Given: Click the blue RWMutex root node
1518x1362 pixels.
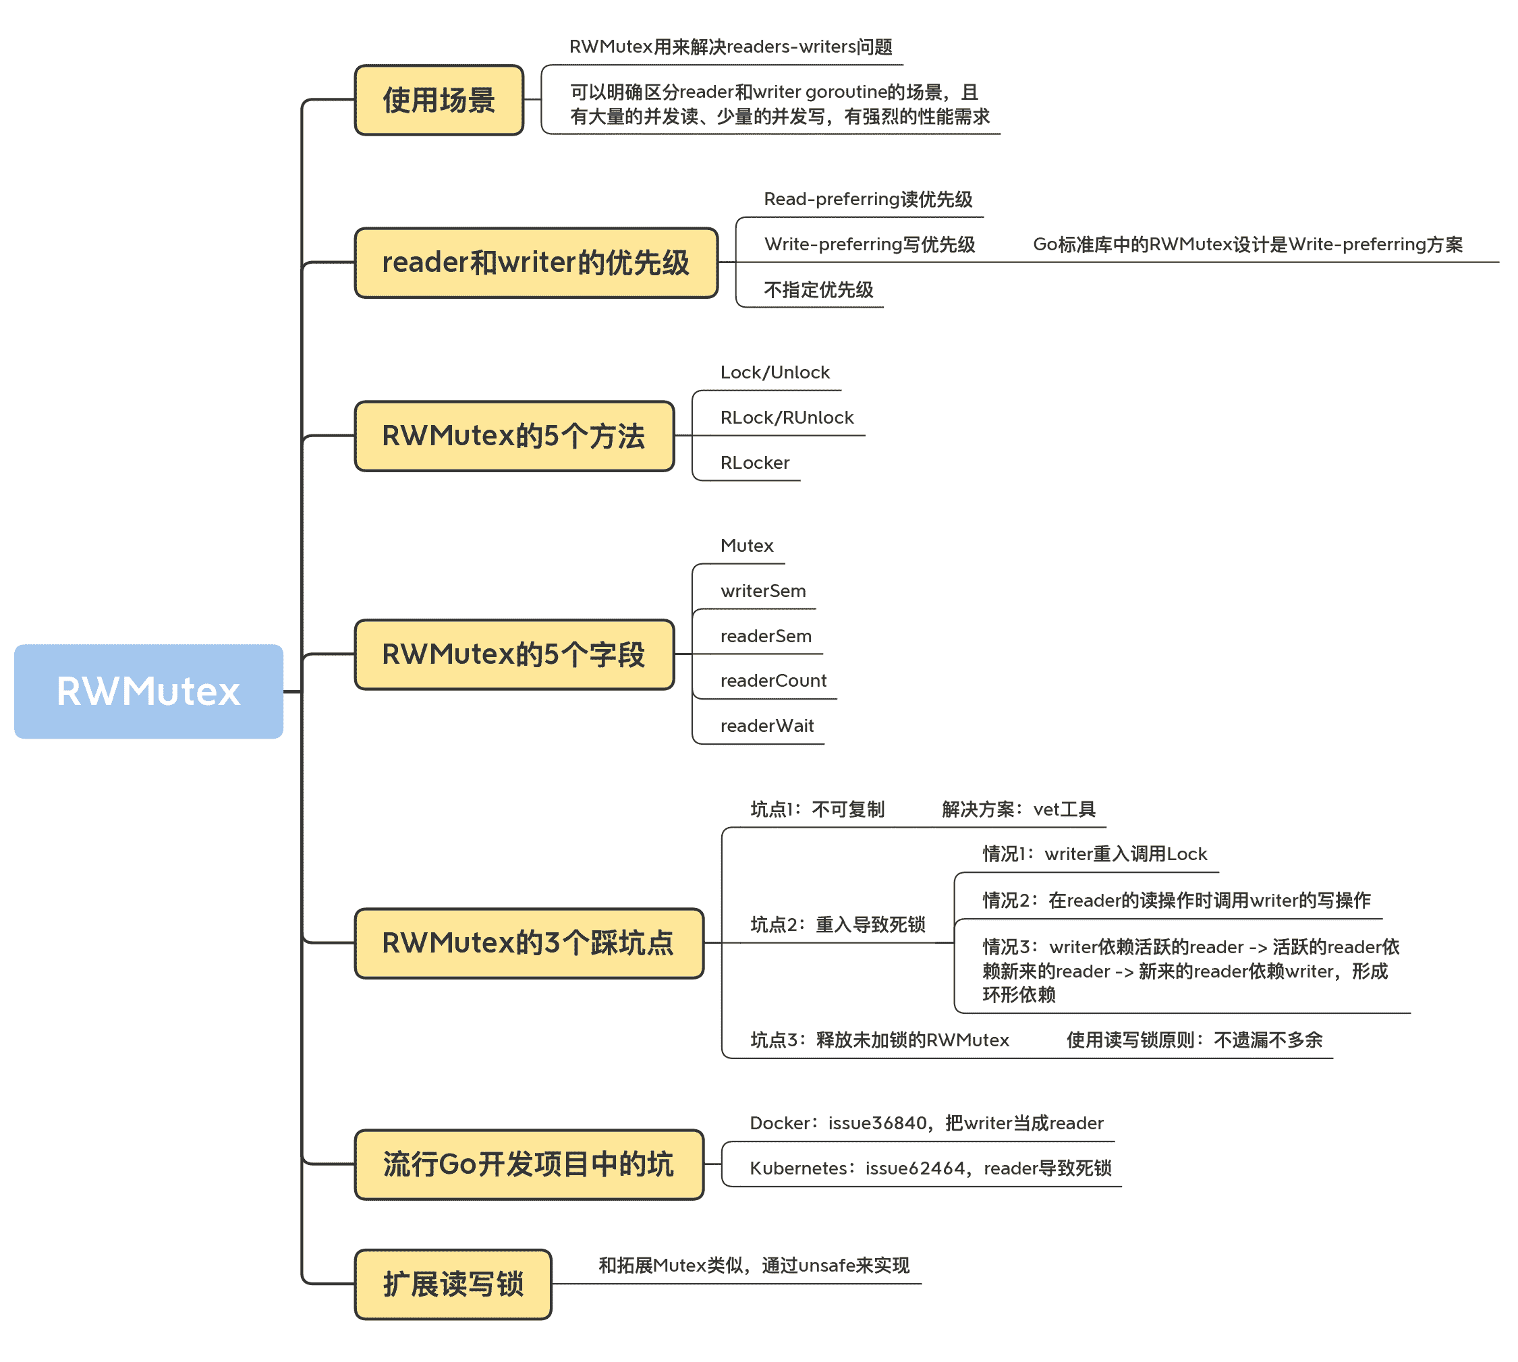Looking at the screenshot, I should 148,691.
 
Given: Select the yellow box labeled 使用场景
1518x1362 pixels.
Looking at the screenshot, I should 439,101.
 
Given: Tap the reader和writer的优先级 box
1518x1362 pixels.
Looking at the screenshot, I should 536,262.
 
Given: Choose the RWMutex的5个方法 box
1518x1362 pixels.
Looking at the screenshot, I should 514,436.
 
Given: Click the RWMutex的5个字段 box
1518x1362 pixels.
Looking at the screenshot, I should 514,655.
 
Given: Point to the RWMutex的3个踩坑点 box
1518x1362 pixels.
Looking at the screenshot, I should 528,944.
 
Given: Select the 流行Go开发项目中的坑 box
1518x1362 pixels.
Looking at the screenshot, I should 528,1164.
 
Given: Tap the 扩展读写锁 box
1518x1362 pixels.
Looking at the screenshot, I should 453,1284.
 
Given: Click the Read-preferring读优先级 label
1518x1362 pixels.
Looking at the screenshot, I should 868,199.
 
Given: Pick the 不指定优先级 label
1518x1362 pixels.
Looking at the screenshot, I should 818,289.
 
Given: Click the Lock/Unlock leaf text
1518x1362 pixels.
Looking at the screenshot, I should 775,372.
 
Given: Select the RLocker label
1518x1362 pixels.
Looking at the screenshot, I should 754,463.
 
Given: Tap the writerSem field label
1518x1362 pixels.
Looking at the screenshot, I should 763,591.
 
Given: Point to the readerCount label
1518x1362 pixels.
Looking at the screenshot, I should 773,681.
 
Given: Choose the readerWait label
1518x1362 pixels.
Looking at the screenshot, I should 766,726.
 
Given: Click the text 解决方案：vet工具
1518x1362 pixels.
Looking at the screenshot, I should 1018,810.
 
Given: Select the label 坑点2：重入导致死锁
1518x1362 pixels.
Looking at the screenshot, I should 837,925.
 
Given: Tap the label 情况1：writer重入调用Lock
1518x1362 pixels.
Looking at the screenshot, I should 1094,855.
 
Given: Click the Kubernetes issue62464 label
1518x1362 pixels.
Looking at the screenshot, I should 930,1169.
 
